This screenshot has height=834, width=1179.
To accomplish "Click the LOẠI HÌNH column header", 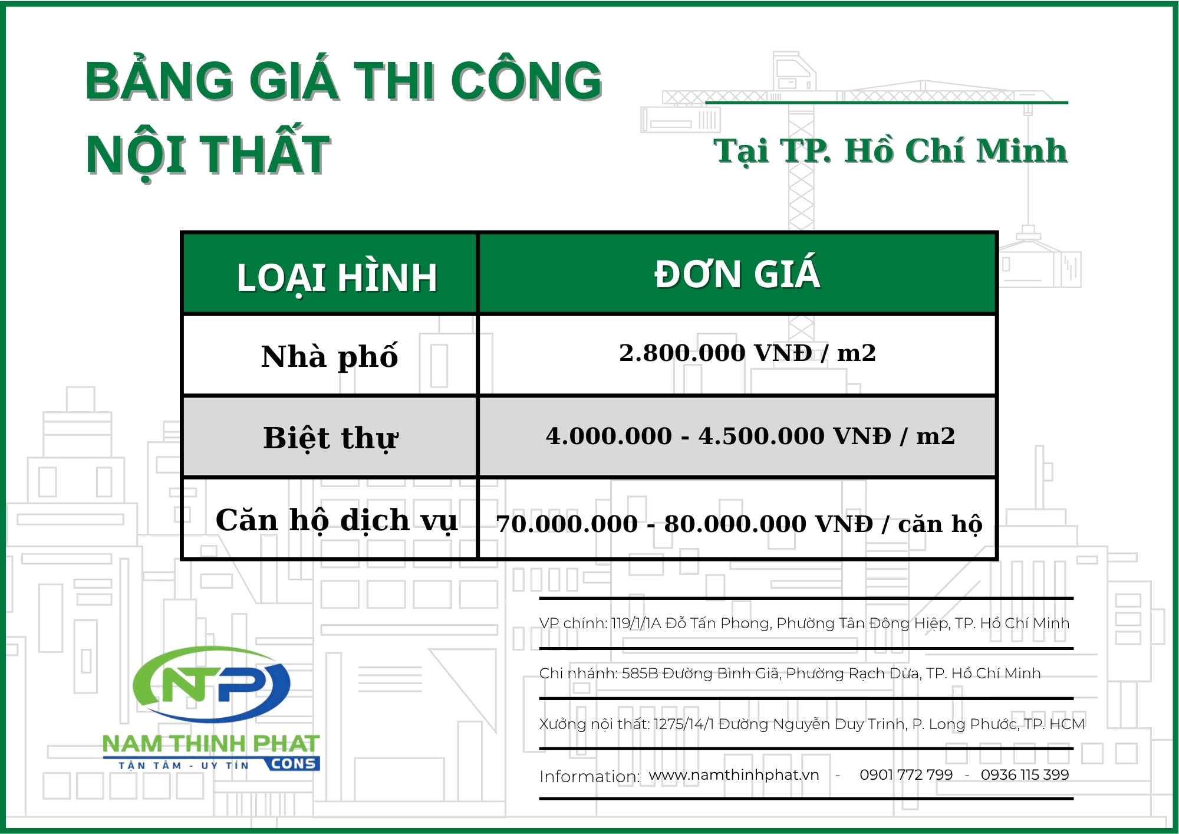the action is [x=337, y=277].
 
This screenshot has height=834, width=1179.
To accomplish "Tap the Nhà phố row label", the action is [x=330, y=357].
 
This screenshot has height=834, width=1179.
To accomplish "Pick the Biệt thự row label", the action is [x=331, y=438].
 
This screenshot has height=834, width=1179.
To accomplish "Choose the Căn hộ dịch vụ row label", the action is [x=336, y=520].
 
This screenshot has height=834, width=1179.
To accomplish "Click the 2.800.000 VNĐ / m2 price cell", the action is [x=747, y=353].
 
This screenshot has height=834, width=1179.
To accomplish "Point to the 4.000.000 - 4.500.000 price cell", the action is [x=750, y=436].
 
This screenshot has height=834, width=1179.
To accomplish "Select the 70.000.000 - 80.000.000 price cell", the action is [x=739, y=524].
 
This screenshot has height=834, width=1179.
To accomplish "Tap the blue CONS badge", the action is [x=293, y=764].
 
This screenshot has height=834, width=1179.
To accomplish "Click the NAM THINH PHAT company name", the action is [x=211, y=744].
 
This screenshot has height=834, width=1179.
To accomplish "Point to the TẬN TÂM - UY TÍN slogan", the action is [x=183, y=766].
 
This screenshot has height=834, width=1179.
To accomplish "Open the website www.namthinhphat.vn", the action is [x=734, y=775].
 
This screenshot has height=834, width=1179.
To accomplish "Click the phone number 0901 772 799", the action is [x=906, y=775].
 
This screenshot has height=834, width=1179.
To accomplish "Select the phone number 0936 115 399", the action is [x=1025, y=775].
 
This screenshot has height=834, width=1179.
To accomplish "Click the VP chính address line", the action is [x=804, y=623].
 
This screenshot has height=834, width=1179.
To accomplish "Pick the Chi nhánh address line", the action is [x=790, y=674].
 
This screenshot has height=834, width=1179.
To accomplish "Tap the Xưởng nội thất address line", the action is [x=812, y=724].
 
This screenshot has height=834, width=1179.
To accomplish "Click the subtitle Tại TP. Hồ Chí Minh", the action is [x=891, y=151].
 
